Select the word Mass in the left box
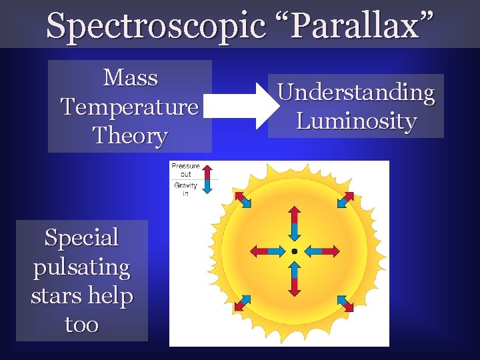(x=131, y=78)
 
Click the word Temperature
(x=130, y=107)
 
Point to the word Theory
(x=130, y=135)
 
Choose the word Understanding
(x=356, y=92)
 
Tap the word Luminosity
(x=356, y=121)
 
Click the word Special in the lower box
(x=81, y=237)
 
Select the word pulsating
(x=81, y=267)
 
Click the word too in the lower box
(x=81, y=325)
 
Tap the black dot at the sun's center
(x=294, y=251)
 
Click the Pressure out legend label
(x=185, y=170)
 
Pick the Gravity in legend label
(x=185, y=189)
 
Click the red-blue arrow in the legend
(x=207, y=179)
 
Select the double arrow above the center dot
(x=294, y=223)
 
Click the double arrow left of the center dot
(x=267, y=251)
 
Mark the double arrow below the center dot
(x=294, y=279)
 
